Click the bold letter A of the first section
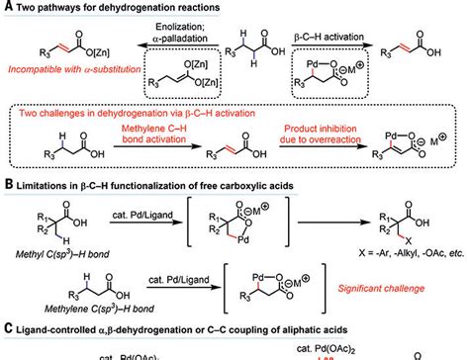7,8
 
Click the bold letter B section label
7,183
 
